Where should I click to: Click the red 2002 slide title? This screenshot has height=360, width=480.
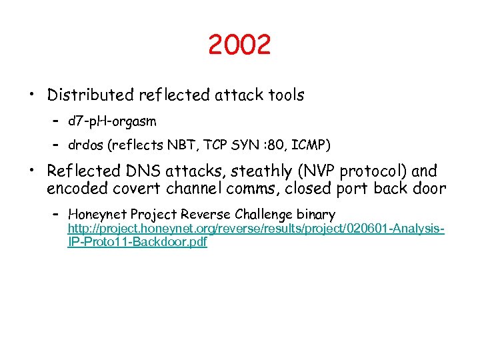coord(239,45)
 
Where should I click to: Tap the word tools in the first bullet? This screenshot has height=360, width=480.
coord(285,95)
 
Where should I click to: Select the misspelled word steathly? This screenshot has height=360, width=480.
coord(259,171)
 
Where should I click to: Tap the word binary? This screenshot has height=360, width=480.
coord(317,214)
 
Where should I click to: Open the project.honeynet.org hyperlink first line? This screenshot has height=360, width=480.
coord(256,229)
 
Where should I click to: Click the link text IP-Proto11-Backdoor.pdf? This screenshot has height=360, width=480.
coord(137,242)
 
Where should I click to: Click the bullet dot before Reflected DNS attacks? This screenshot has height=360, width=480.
coord(31,171)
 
